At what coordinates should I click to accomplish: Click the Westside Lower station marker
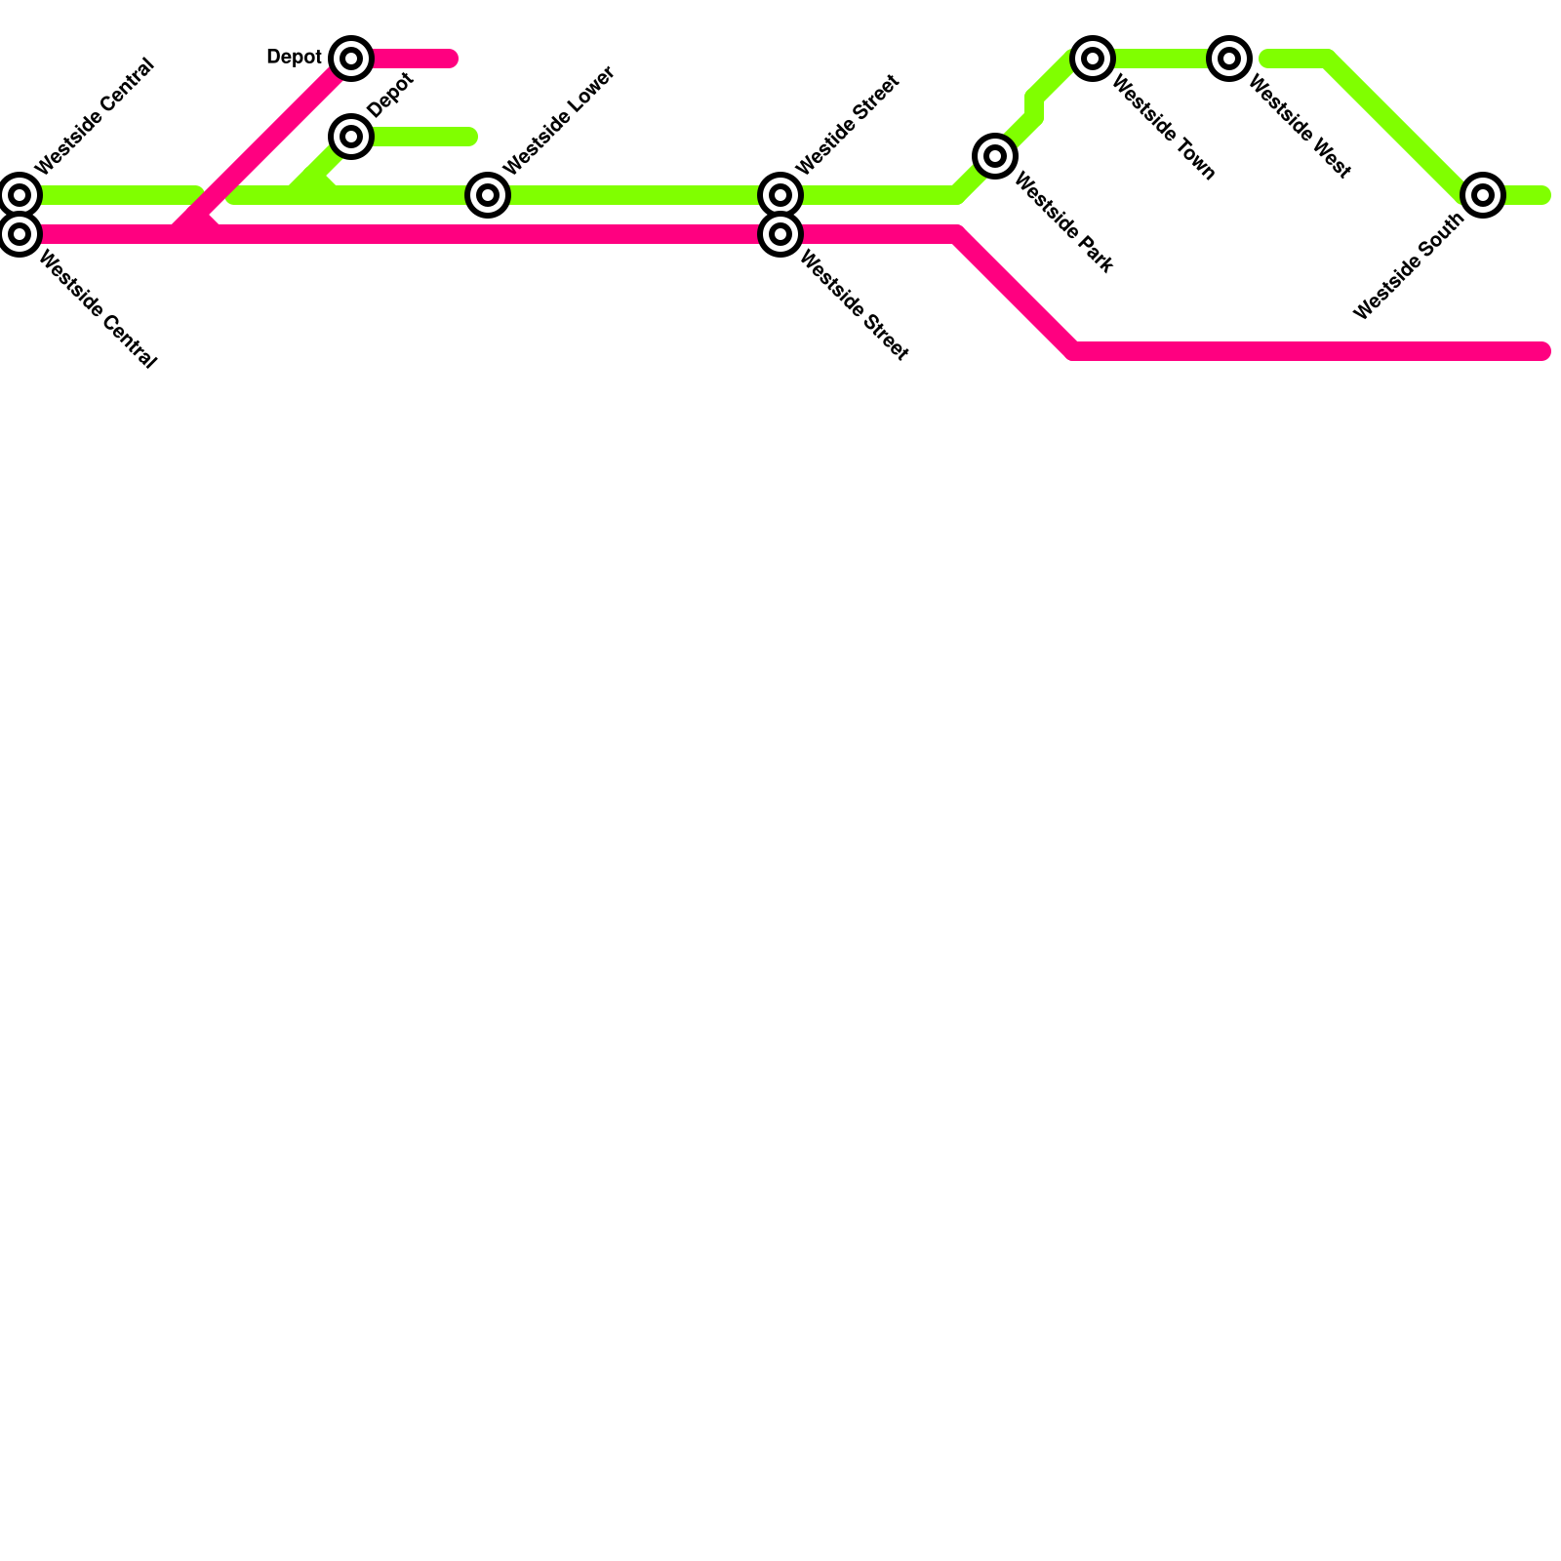click(488, 195)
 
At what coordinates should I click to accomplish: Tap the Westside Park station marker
click(995, 155)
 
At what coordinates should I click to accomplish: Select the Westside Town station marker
click(1093, 59)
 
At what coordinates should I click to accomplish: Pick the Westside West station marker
click(1229, 59)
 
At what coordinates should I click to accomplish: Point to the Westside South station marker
click(1483, 195)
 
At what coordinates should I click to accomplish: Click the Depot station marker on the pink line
click(351, 59)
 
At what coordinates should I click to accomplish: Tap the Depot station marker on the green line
click(351, 136)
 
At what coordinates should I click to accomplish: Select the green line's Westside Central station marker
click(20, 195)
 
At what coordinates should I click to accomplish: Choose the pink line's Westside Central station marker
click(20, 234)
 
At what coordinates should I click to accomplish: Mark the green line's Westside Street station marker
click(780, 195)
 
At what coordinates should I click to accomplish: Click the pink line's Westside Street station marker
click(780, 234)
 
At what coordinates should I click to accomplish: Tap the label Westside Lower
click(559, 121)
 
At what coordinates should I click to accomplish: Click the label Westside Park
click(1063, 222)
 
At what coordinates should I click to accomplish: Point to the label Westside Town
click(1163, 129)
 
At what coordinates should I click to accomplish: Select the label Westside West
click(1300, 129)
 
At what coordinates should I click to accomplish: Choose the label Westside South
click(1409, 266)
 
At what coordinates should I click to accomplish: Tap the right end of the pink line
click(1542, 351)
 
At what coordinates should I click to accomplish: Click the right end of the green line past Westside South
click(1542, 195)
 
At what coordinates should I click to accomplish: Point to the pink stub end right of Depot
click(450, 59)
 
